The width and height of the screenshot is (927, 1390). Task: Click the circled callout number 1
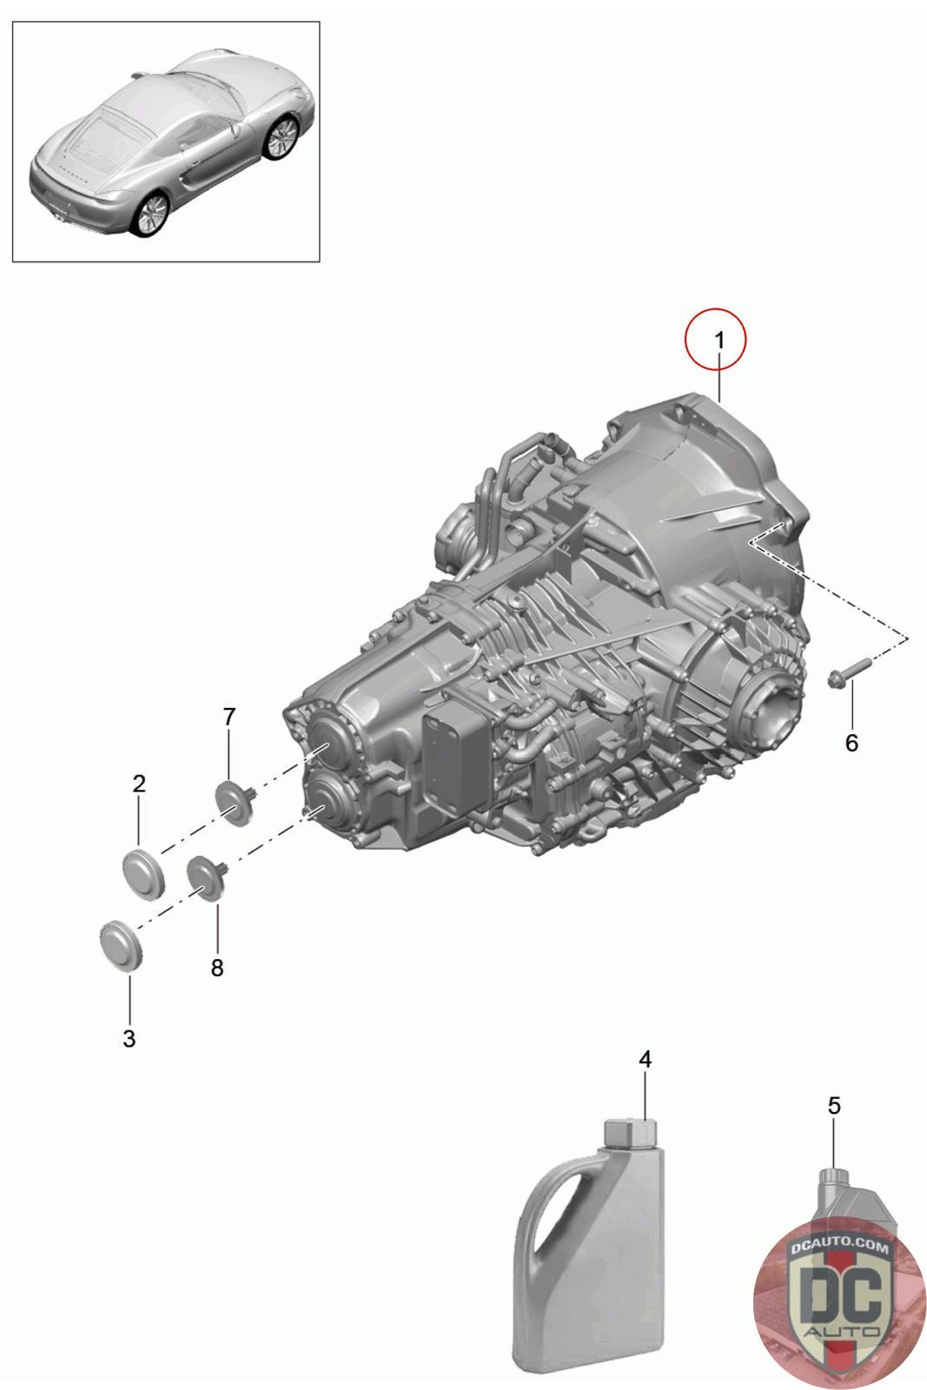pos(719,341)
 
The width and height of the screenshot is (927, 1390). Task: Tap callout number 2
pos(139,784)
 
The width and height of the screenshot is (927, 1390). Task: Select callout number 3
pos(129,1038)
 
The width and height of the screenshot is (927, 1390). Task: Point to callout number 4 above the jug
pos(646,1060)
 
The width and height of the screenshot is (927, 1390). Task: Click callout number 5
pos(834,1105)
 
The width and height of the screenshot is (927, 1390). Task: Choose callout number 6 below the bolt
pos(851,743)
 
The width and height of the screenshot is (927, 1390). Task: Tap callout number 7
pos(229,717)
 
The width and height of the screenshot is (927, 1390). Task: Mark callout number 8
pos(216,968)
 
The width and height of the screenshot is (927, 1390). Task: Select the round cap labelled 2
pos(143,873)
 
